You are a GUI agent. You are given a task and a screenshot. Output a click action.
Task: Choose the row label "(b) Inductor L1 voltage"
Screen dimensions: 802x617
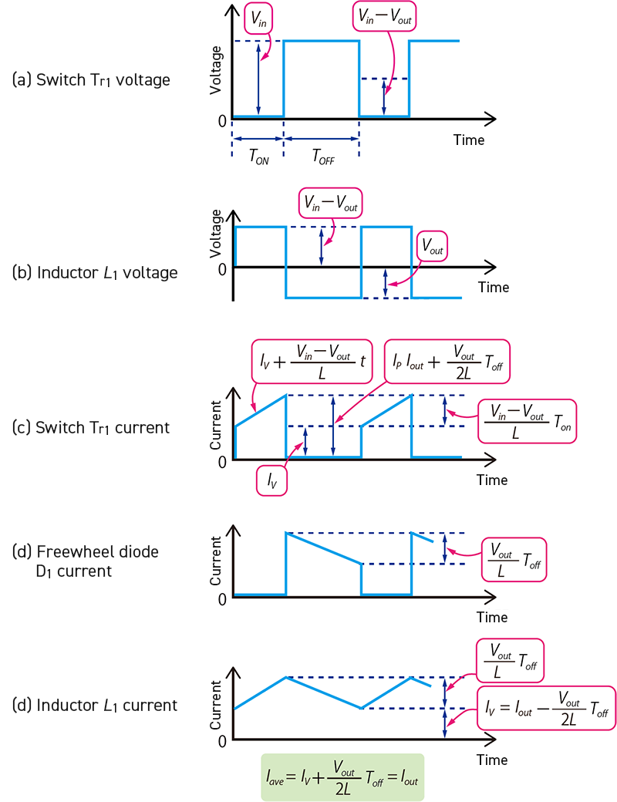point(95,272)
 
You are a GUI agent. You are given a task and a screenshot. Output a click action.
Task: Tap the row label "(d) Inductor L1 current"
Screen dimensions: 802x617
point(95,705)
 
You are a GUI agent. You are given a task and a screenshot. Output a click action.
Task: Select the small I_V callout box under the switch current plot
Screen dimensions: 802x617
point(272,480)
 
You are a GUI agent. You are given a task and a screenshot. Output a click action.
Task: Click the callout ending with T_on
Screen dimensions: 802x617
point(527,420)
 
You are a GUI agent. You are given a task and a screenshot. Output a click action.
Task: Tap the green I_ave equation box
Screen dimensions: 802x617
point(342,777)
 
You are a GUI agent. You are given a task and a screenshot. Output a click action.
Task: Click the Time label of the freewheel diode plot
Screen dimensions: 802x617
point(491,617)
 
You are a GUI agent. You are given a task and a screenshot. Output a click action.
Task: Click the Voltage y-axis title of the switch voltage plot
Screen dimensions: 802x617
point(217,70)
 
